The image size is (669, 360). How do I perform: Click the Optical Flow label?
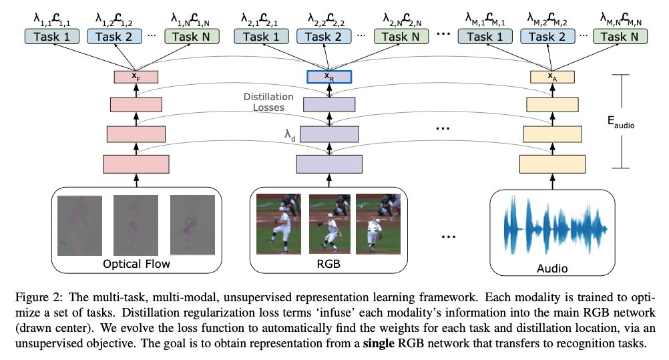[136, 264]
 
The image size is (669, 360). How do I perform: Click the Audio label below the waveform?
[551, 268]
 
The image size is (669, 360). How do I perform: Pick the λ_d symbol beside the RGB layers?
[290, 136]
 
